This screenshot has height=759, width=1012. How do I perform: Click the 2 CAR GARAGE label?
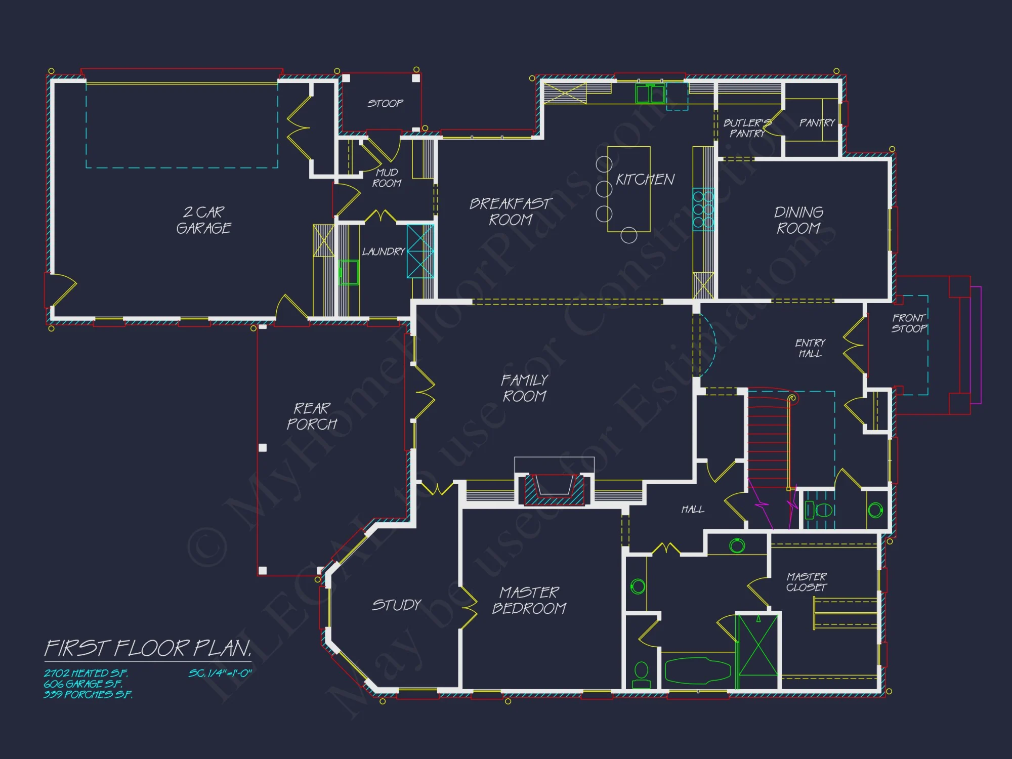tap(203, 220)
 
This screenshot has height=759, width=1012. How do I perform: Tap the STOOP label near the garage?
tap(385, 103)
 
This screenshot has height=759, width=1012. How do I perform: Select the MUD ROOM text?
tap(387, 178)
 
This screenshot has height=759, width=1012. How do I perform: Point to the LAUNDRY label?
tap(383, 251)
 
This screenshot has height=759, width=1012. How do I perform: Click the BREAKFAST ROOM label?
tap(511, 212)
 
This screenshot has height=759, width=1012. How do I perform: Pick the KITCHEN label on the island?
tap(645, 180)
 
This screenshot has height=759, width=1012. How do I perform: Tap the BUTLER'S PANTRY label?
tap(747, 128)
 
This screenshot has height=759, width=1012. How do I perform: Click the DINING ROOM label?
tap(798, 220)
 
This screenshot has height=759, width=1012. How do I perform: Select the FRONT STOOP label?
tap(909, 323)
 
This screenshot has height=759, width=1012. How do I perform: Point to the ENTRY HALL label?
tap(810, 348)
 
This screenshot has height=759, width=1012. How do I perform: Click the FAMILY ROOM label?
tap(525, 388)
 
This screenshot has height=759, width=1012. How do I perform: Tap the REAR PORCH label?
tap(312, 416)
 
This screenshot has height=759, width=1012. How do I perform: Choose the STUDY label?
tap(397, 605)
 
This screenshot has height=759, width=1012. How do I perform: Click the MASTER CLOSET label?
tap(806, 582)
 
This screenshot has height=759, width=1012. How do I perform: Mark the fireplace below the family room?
tap(554, 488)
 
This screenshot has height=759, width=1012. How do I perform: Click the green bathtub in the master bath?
tap(697, 671)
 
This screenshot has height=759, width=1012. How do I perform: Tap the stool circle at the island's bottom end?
tap(628, 235)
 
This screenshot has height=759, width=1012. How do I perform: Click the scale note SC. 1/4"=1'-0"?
tap(220, 673)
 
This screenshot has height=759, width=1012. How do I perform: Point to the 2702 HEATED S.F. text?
tap(86, 673)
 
